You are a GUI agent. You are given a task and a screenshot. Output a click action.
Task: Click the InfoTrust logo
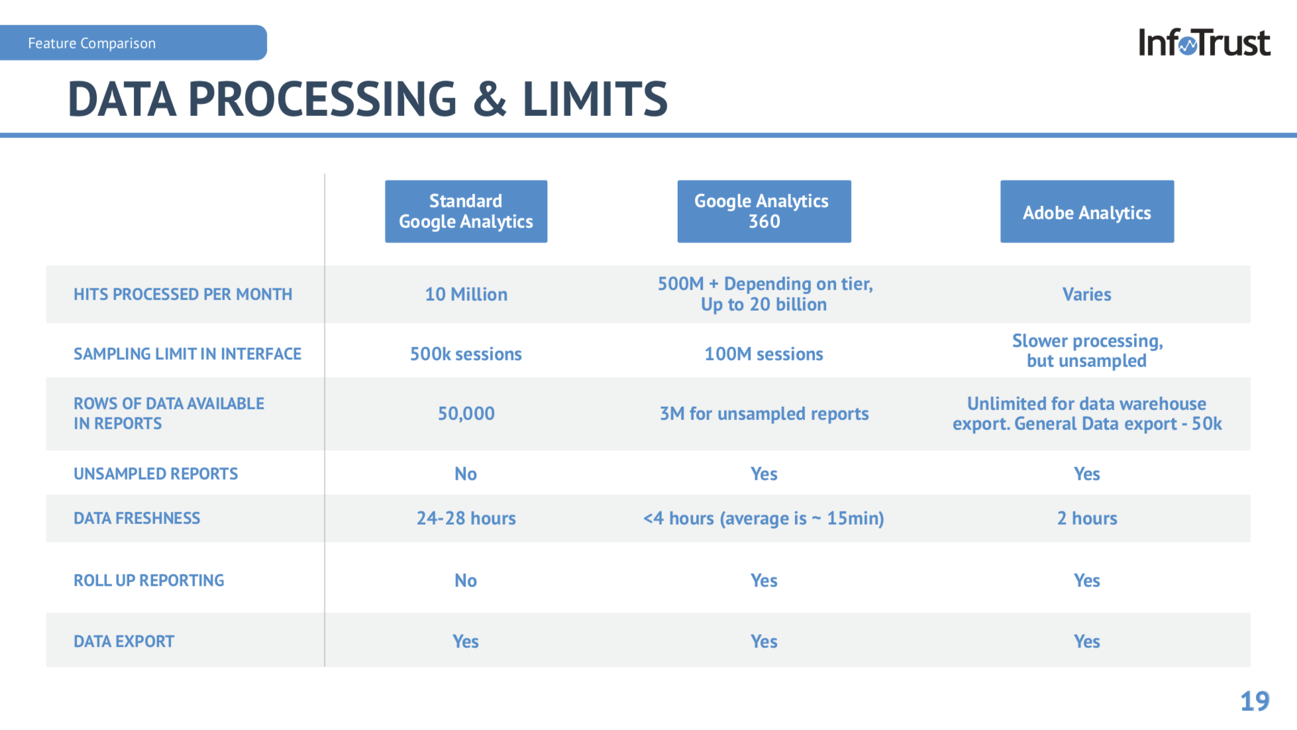(1204, 42)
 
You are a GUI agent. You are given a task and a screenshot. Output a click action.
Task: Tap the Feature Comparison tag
(133, 43)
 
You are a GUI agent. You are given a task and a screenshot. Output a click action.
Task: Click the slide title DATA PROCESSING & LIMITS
(368, 99)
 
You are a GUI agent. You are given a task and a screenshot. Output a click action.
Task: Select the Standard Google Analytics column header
(466, 211)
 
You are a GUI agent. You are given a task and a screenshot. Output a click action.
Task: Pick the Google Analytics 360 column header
(764, 211)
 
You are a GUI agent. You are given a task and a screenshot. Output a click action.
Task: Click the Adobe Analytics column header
(1087, 211)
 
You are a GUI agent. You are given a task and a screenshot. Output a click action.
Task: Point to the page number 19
(1255, 701)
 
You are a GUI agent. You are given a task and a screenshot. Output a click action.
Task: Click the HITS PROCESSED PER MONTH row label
(183, 294)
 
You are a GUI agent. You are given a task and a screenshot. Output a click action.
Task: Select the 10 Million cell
(466, 294)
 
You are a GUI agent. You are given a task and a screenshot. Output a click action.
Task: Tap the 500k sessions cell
(466, 354)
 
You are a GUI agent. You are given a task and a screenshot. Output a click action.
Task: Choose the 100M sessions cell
(764, 354)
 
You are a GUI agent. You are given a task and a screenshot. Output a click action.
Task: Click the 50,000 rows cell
(466, 414)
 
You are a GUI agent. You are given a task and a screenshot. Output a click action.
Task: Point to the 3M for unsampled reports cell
(764, 414)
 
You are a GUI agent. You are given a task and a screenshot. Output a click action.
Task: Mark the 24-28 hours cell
(466, 518)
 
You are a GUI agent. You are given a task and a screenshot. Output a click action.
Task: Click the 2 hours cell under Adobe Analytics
(1087, 518)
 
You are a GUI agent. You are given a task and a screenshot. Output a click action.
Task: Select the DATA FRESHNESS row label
(137, 518)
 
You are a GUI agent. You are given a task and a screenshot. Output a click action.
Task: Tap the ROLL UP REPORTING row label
(149, 580)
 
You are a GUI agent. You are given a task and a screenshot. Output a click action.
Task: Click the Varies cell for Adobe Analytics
(1087, 294)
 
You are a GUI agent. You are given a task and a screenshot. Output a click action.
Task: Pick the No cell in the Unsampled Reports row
(466, 474)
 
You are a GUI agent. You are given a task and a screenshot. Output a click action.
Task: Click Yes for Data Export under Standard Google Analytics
(466, 641)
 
